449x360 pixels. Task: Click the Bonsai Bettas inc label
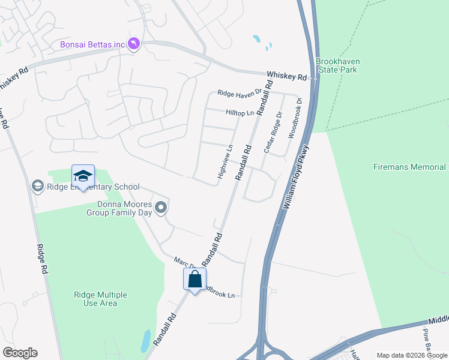tap(92, 44)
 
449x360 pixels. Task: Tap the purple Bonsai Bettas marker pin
tap(134, 44)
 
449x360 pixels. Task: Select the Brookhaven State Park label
tap(337, 65)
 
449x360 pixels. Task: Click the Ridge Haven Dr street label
tap(240, 93)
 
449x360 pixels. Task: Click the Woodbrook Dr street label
tap(294, 119)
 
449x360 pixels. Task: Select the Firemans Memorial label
tap(411, 167)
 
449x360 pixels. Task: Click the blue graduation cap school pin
tap(83, 176)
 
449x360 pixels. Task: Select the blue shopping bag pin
tap(194, 279)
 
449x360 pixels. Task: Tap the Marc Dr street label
tap(185, 262)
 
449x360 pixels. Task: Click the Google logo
tap(20, 353)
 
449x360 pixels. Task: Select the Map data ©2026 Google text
tap(411, 355)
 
